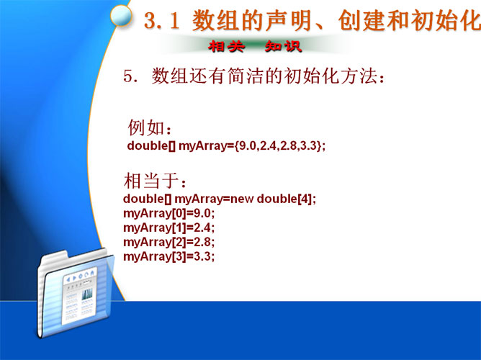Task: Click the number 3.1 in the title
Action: (161, 21)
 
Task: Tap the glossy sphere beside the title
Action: (121, 15)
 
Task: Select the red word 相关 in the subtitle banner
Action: (226, 47)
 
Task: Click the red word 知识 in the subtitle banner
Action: (284, 47)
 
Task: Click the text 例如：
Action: (149, 127)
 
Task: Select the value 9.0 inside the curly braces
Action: (247, 145)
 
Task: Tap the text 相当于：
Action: (155, 180)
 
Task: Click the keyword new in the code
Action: (242, 199)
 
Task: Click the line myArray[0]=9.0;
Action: (169, 213)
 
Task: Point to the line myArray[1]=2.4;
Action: (169, 228)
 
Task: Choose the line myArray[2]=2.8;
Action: (169, 242)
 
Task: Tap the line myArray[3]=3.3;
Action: (169, 256)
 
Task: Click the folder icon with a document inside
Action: (75, 293)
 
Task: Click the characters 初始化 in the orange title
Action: (446, 21)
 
